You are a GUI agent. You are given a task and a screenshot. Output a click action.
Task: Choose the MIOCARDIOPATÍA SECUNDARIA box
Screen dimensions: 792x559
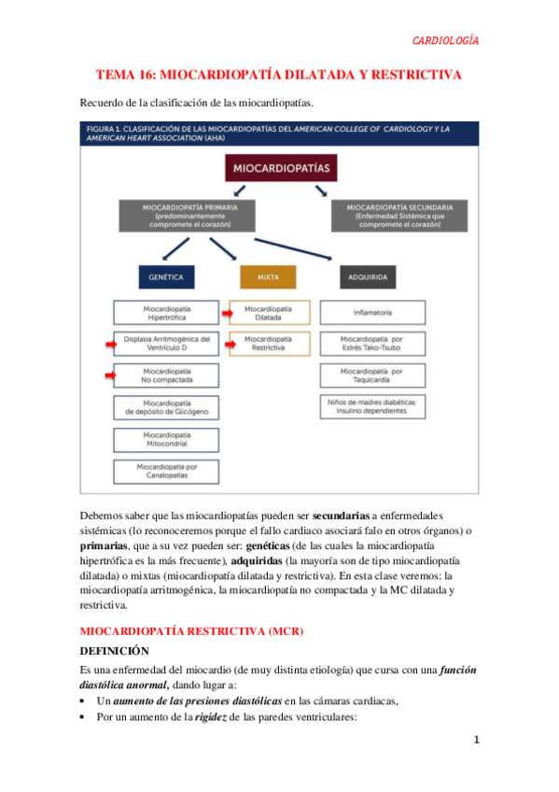coord(399,214)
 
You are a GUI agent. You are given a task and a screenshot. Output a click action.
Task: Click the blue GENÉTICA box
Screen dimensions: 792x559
coord(166,277)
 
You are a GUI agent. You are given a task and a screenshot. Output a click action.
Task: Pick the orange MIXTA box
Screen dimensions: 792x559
coord(268,277)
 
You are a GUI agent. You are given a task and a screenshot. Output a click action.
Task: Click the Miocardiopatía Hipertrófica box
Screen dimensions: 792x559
coord(166,312)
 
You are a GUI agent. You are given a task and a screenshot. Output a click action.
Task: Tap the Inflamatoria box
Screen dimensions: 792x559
coord(372,312)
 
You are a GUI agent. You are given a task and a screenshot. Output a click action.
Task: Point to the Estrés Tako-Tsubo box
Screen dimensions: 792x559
coord(372,344)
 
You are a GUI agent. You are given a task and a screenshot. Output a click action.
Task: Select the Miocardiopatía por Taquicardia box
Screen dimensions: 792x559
coord(372,375)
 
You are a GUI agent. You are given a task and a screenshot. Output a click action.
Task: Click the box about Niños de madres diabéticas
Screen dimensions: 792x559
coord(372,407)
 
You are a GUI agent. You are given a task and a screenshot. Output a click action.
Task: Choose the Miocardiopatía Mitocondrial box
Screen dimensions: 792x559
coord(166,439)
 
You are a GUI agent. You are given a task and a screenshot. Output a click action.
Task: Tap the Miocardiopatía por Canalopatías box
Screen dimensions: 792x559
coord(166,471)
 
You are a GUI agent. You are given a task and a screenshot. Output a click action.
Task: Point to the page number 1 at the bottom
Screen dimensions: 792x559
coord(476,741)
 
